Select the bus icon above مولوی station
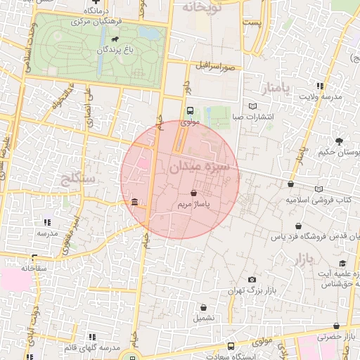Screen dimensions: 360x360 click(190, 110)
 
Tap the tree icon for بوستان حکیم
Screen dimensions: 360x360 click(340, 141)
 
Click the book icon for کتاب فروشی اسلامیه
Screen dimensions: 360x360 click(321, 188)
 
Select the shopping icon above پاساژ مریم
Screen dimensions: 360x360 click(193, 192)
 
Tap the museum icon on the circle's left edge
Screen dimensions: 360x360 click(134, 203)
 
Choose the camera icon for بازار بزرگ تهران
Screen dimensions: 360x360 click(252, 280)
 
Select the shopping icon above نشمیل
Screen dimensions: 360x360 click(204, 307)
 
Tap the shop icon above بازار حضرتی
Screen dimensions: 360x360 click(337, 326)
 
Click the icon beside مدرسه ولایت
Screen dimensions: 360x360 click(320, 85)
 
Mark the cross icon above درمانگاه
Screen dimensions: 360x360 click(96, 2)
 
